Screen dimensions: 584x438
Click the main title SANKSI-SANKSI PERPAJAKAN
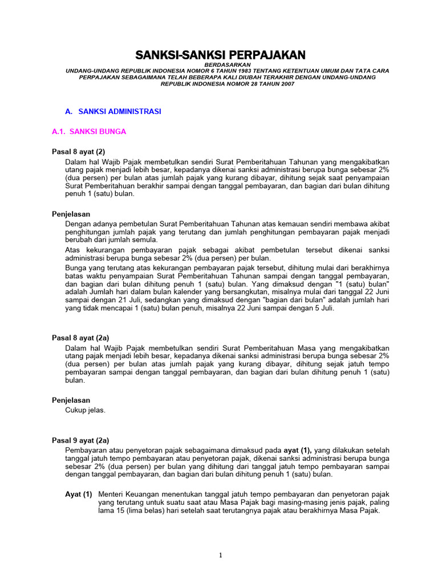click(x=220, y=55)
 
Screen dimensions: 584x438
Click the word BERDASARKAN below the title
click(x=220, y=64)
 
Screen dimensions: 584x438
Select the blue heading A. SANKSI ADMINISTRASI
click(x=113, y=112)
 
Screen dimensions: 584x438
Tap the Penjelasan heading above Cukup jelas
click(x=71, y=400)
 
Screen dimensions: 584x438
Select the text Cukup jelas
click(x=86, y=410)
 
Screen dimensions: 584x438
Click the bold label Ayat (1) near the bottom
click(x=79, y=494)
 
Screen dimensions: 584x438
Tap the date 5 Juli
click(x=324, y=308)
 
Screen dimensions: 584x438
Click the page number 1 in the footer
click(x=221, y=556)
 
